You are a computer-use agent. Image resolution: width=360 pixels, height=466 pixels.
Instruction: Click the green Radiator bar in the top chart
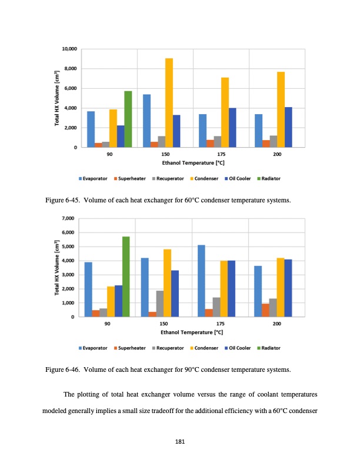[128, 119]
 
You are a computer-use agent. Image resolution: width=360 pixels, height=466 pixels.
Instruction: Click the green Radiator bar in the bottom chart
[125, 277]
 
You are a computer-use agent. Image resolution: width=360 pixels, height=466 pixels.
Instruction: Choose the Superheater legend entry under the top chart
[131, 178]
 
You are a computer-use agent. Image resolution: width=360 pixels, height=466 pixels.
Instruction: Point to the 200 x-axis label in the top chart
[277, 154]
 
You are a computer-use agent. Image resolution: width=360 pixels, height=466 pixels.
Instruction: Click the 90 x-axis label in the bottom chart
[107, 324]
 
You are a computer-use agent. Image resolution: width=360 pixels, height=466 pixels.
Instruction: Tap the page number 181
[181, 442]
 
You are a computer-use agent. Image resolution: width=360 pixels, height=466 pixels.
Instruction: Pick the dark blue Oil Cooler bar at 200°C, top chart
[288, 127]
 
